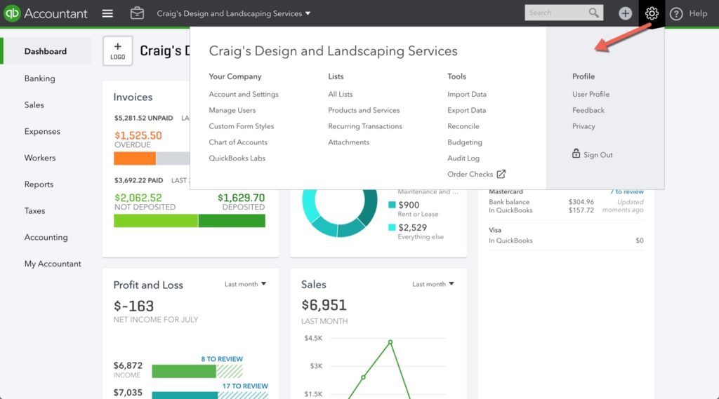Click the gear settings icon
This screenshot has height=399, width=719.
[x=652, y=13]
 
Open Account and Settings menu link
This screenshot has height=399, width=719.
[x=244, y=94]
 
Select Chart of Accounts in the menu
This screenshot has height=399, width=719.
[x=238, y=142]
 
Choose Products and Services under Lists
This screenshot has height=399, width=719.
[x=364, y=110]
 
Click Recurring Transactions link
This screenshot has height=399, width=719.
[x=365, y=126]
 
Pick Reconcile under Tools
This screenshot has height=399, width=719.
[x=463, y=126]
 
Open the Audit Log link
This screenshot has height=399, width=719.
[x=463, y=158]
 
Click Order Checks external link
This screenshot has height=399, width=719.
[x=476, y=174]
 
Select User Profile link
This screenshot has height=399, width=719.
[x=591, y=94]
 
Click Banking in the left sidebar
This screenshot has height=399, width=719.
[x=39, y=79]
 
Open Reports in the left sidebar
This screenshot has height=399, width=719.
[x=39, y=184]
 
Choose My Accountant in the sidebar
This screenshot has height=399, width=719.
[x=53, y=264]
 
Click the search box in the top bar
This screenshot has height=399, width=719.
[x=556, y=13]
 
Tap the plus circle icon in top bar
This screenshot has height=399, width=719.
[x=625, y=13]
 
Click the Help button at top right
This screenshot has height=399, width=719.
[x=689, y=13]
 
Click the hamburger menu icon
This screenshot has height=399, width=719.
[x=107, y=13]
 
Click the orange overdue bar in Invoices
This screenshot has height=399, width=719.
[x=135, y=158]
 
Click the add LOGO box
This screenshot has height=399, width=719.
[x=117, y=51]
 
